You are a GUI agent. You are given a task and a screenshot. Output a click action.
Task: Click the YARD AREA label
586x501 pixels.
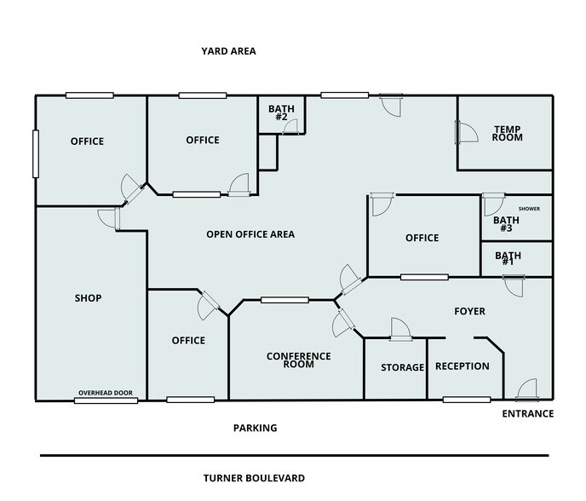pyautogui.click(x=228, y=51)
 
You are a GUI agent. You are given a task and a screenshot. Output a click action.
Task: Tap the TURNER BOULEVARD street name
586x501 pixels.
pyautogui.click(x=254, y=478)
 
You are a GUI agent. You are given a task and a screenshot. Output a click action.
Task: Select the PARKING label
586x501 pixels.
pyautogui.click(x=255, y=428)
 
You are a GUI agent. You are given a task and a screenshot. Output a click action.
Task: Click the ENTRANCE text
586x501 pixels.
pyautogui.click(x=528, y=414)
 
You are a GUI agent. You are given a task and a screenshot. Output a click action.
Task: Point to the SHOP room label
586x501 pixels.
pyautogui.click(x=88, y=298)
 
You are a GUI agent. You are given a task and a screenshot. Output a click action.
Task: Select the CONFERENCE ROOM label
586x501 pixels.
pyautogui.click(x=298, y=360)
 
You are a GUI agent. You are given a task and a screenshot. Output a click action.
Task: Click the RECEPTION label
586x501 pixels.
pyautogui.click(x=462, y=366)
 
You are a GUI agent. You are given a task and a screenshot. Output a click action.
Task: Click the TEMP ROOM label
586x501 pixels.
pyautogui.click(x=507, y=134)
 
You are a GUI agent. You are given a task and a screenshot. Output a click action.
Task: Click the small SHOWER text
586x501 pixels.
pyautogui.click(x=529, y=209)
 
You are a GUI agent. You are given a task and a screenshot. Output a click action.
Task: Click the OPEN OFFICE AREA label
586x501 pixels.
pyautogui.click(x=250, y=234)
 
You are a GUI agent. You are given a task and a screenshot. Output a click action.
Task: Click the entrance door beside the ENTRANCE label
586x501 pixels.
pyautogui.click(x=526, y=389)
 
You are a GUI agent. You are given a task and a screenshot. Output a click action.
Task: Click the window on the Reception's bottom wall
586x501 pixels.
pyautogui.click(x=466, y=400)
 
